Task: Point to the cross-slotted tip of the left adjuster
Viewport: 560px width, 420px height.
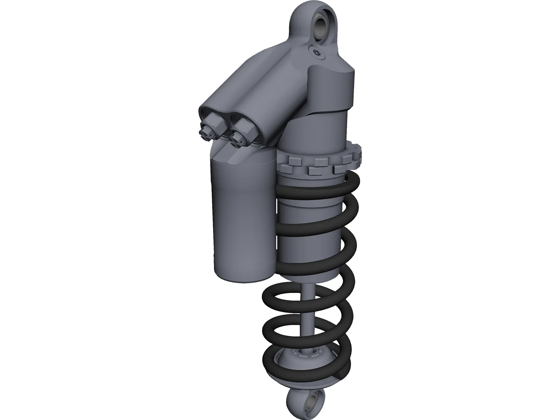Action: (204, 132)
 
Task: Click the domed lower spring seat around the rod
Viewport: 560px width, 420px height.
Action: (301, 367)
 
